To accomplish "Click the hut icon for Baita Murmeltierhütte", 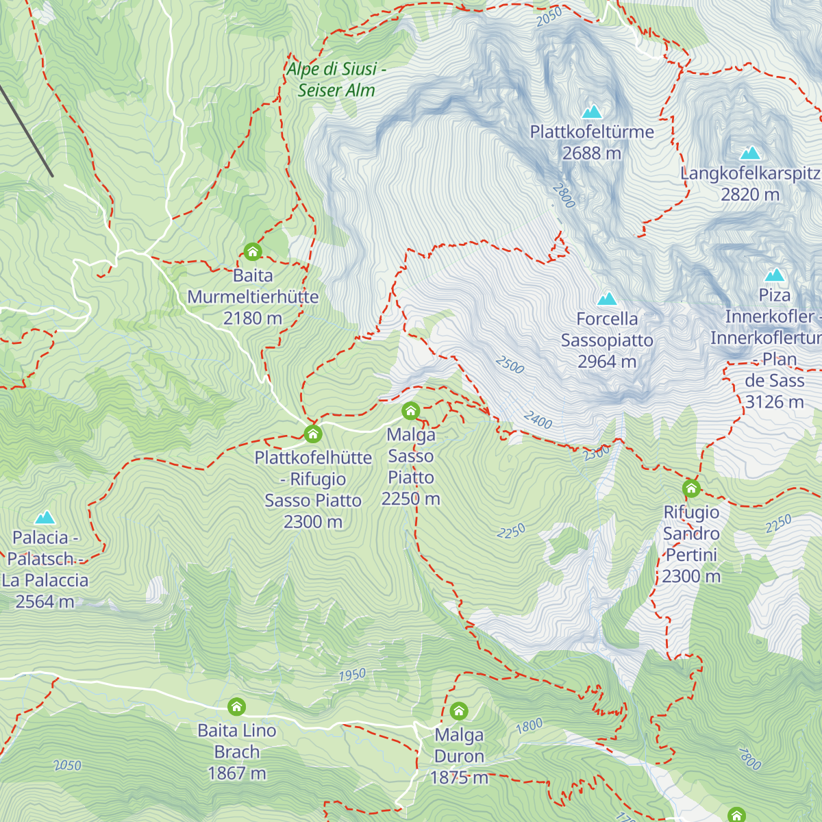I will coord(253,252).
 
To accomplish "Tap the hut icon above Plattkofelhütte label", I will coord(313,434).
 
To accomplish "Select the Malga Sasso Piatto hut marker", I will coord(411,411).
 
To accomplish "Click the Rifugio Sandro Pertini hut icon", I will coord(691,488).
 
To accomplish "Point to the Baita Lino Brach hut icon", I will coord(236,706).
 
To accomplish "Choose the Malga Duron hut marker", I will coord(459,711).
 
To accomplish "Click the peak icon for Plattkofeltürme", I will coord(592,111).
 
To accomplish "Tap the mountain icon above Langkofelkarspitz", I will coord(750,153).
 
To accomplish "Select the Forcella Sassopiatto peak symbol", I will coord(607,299).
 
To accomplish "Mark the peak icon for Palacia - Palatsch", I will coord(45,517).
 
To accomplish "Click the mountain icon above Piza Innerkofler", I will coord(775,275).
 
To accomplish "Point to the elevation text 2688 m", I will coord(592,153).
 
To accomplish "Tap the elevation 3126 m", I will coord(774,402).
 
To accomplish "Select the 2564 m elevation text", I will coord(45,602).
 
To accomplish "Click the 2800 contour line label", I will coord(563,197).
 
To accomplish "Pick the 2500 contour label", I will coord(510,365).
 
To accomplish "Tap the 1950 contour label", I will coord(352,675).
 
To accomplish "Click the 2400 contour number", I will coord(538,420).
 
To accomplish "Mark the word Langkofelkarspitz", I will coord(750,173).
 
